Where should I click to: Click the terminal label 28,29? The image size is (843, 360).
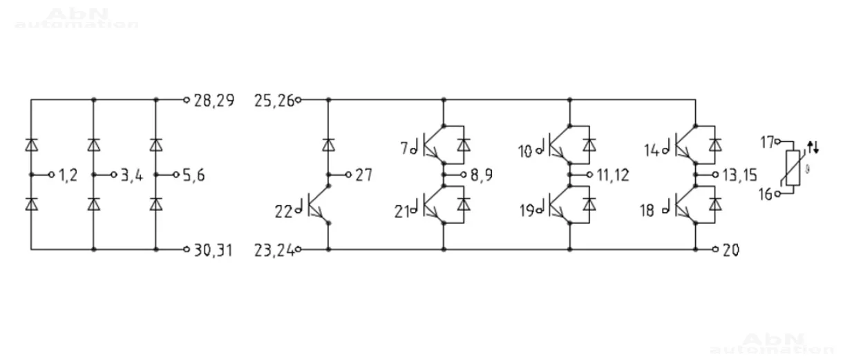click(214, 101)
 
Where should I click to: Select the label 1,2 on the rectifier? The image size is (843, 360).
click(68, 176)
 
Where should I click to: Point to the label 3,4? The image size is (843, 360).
click(131, 176)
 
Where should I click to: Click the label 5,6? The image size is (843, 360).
click(194, 176)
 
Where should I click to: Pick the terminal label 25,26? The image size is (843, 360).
click(274, 101)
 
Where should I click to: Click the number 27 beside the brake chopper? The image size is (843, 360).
click(363, 175)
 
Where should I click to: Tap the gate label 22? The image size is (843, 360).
click(283, 212)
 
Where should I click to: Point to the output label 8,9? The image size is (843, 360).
click(481, 176)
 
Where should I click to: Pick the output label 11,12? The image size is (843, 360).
click(613, 176)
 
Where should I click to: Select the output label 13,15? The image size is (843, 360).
click(741, 176)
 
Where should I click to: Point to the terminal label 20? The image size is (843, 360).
click(730, 250)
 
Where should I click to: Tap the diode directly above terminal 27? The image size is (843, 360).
click(328, 144)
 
